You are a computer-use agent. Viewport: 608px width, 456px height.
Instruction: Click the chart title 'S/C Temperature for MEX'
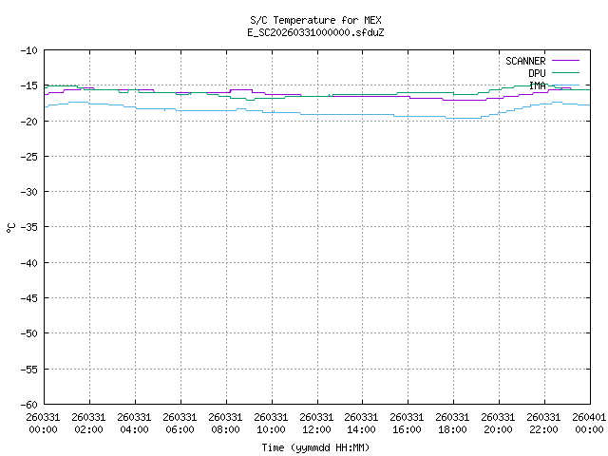[315, 20]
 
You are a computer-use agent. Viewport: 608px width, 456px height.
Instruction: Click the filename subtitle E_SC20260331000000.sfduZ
[315, 32]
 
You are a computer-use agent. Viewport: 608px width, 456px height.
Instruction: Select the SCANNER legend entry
[524, 61]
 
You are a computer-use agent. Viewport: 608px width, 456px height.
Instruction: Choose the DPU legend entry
[537, 73]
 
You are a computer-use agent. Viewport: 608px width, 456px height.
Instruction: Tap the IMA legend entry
[537, 85]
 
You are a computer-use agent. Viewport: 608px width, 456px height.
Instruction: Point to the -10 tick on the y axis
[28, 50]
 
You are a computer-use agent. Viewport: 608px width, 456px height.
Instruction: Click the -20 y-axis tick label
[28, 121]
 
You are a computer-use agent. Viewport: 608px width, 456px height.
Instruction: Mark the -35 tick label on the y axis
[28, 227]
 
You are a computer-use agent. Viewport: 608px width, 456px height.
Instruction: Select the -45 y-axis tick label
[28, 297]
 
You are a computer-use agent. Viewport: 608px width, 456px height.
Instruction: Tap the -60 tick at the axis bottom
[28, 404]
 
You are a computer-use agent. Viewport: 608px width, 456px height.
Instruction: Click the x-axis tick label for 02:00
[89, 422]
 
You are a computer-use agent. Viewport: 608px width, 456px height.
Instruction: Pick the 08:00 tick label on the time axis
[226, 422]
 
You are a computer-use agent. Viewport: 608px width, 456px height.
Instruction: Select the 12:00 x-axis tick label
[316, 422]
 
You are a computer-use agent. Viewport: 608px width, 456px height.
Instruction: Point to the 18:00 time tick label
[453, 422]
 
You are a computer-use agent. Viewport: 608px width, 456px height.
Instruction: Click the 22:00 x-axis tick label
[544, 422]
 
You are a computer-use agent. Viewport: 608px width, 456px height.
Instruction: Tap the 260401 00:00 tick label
[589, 422]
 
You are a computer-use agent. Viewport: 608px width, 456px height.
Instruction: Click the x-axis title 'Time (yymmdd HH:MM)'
[315, 446]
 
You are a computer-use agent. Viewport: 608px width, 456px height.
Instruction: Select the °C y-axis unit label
[11, 227]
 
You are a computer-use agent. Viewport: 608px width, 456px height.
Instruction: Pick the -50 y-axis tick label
[28, 333]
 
